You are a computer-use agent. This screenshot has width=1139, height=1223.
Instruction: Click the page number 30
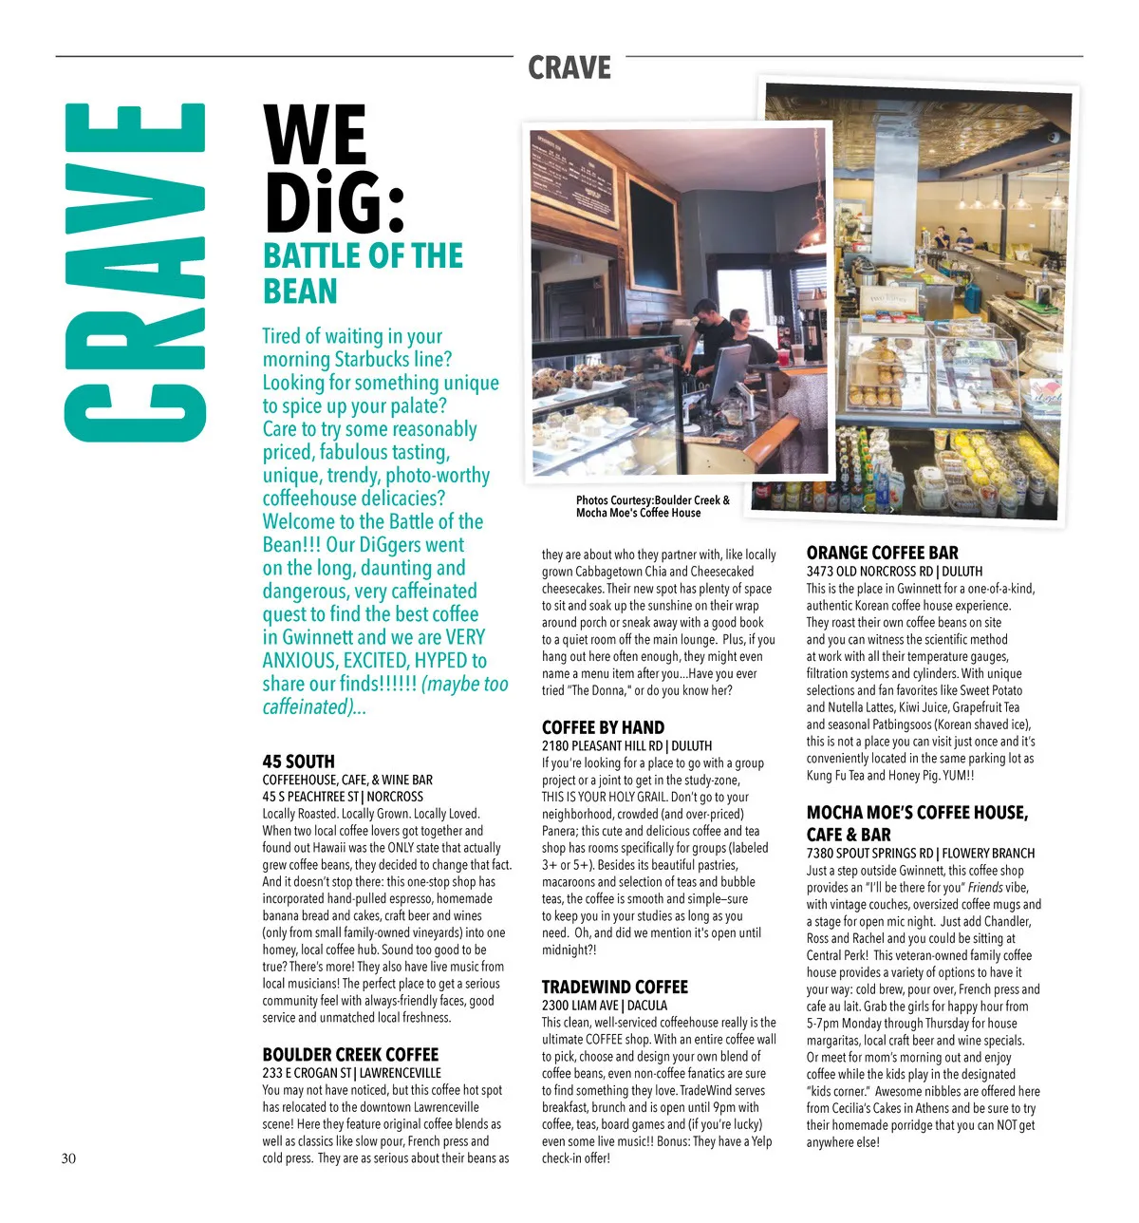[x=68, y=1157]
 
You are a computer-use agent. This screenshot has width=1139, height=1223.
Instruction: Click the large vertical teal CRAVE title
[x=135, y=273]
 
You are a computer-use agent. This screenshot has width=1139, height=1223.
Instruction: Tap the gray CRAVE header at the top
[x=569, y=68]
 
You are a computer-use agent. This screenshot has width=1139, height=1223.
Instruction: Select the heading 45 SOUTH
[x=298, y=761]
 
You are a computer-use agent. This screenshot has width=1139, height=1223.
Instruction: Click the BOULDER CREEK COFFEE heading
[x=350, y=1054]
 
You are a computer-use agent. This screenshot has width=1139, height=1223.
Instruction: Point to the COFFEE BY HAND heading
[x=603, y=727]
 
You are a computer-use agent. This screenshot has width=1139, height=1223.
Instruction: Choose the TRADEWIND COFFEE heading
[x=614, y=987]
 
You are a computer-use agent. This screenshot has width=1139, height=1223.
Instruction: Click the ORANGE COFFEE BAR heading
[x=882, y=553]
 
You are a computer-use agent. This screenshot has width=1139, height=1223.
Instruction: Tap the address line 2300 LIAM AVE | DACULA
[x=604, y=1005]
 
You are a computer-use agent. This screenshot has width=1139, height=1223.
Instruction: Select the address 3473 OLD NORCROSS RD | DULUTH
[x=894, y=571]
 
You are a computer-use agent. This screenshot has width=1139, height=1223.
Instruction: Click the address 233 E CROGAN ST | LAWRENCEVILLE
[x=351, y=1072]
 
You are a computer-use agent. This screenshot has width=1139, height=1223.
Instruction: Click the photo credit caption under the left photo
[x=652, y=506]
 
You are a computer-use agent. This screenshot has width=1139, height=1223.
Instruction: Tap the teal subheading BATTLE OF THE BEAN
[x=363, y=273]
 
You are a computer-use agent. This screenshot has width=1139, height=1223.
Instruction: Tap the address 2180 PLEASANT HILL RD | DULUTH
[x=626, y=745]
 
